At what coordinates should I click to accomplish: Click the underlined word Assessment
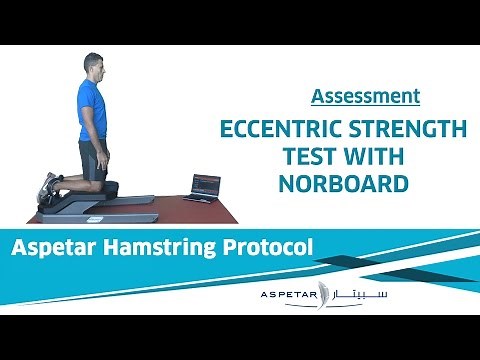coord(365,97)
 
